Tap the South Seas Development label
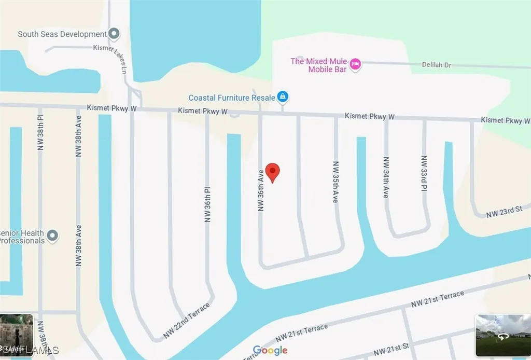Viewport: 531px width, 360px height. click(62, 34)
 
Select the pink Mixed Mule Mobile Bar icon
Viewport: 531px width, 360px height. click(355, 64)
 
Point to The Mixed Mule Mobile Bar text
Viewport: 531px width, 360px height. click(318, 65)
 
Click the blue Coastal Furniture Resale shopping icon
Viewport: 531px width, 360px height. click(283, 96)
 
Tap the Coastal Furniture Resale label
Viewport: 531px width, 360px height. click(232, 98)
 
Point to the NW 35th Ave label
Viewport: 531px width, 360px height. click(336, 181)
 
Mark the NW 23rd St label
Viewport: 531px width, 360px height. click(504, 212)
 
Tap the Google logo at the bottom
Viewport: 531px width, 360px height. click(270, 351)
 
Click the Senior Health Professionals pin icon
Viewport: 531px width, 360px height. click(52, 237)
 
